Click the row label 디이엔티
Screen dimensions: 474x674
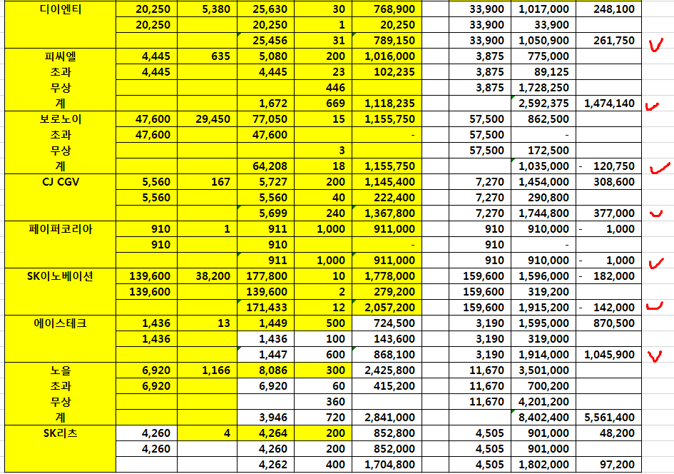pyautogui.click(x=61, y=9)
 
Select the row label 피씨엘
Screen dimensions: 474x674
pyautogui.click(x=61, y=56)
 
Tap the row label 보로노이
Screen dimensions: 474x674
pyautogui.click(x=61, y=119)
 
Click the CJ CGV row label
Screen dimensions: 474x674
pyautogui.click(x=61, y=182)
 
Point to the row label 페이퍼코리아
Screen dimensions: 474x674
pyautogui.click(x=61, y=229)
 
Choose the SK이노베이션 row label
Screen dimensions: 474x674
pyautogui.click(x=61, y=276)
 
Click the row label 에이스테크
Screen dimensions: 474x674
pyautogui.click(x=61, y=323)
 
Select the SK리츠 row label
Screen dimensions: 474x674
pyautogui.click(x=61, y=433)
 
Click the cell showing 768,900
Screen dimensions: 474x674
pyautogui.click(x=389, y=9)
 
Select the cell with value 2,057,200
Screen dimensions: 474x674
pyautogui.click(x=389, y=308)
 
